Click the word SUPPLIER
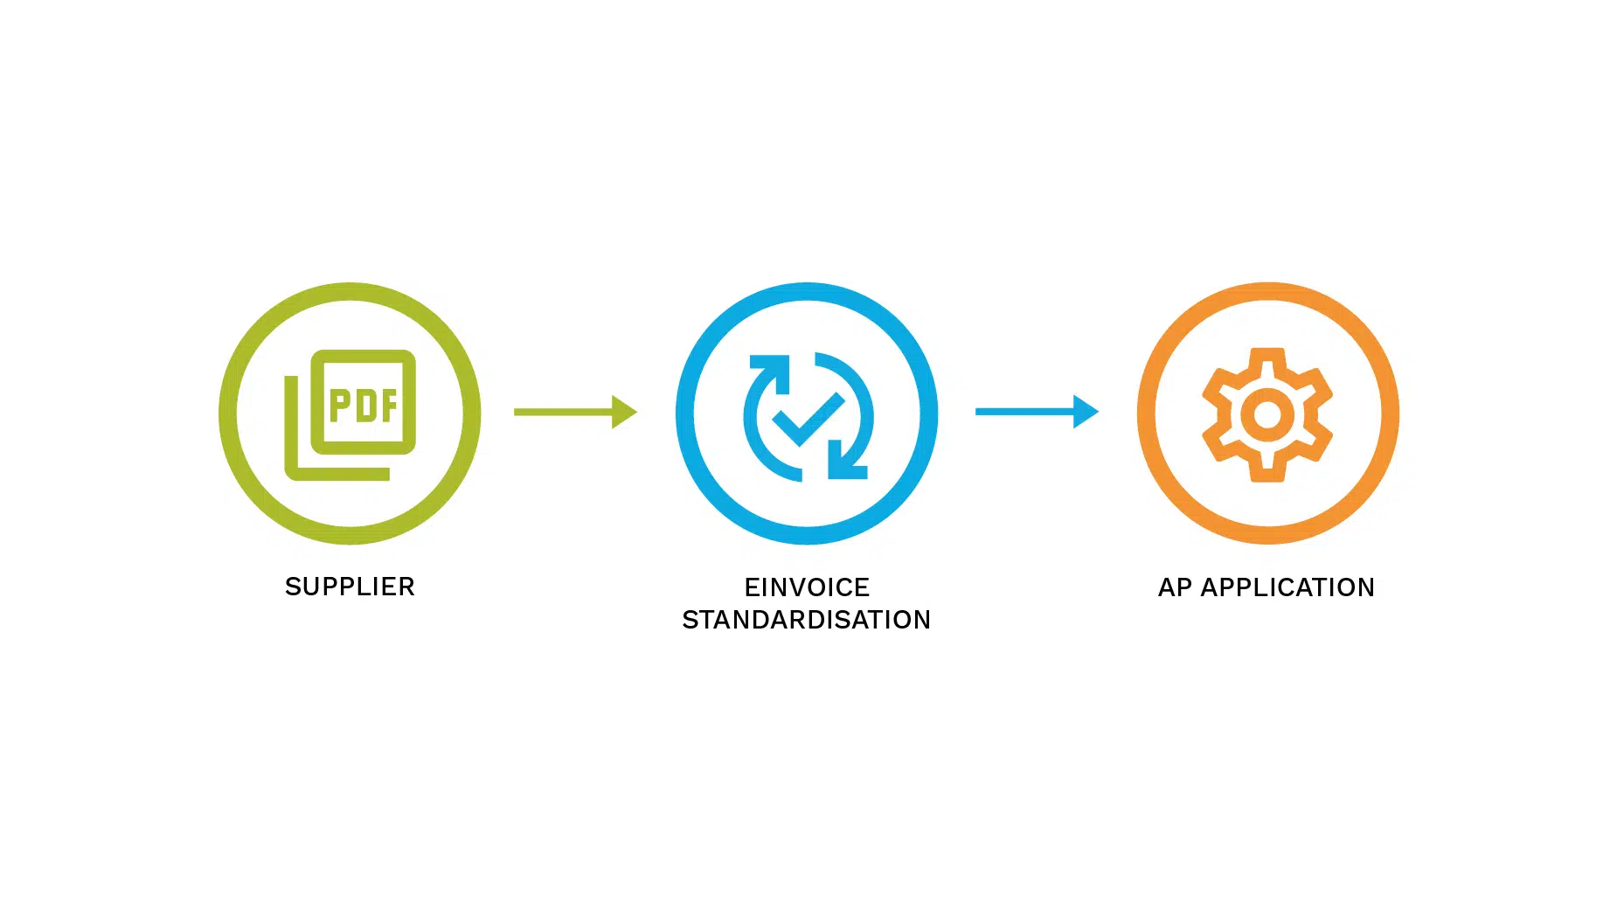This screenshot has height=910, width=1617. [x=350, y=587]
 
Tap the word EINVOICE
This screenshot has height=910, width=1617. [x=807, y=587]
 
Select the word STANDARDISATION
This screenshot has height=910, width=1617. [x=807, y=620]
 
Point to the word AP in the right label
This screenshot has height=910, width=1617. [x=1175, y=587]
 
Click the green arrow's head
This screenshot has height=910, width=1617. [x=624, y=412]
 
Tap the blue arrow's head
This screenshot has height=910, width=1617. [x=1086, y=412]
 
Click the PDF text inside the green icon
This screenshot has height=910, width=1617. [x=364, y=405]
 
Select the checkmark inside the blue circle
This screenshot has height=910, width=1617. [x=808, y=419]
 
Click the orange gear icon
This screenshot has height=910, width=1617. [x=1267, y=414]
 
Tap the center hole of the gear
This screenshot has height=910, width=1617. [x=1267, y=415]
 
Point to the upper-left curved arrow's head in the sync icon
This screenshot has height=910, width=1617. [x=769, y=368]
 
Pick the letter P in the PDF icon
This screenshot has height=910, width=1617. [x=339, y=406]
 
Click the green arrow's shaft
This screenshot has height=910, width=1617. [x=563, y=412]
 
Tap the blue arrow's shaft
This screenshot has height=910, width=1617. [x=1024, y=412]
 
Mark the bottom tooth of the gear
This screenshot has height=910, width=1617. [x=1267, y=471]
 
